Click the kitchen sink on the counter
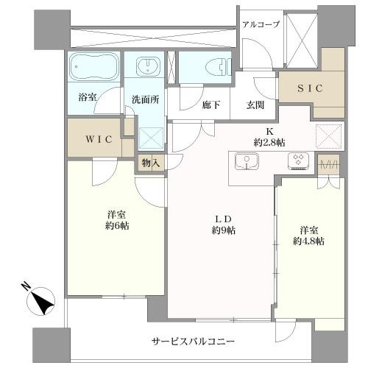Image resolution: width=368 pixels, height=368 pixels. [x=244, y=160]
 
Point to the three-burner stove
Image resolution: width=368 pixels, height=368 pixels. [x=299, y=161]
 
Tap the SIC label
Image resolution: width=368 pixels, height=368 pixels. [x=309, y=88]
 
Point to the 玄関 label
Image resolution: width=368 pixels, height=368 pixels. [x=255, y=105]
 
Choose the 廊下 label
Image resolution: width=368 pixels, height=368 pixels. [x=212, y=105]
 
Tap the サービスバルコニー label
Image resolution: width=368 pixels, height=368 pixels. [x=193, y=342]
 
